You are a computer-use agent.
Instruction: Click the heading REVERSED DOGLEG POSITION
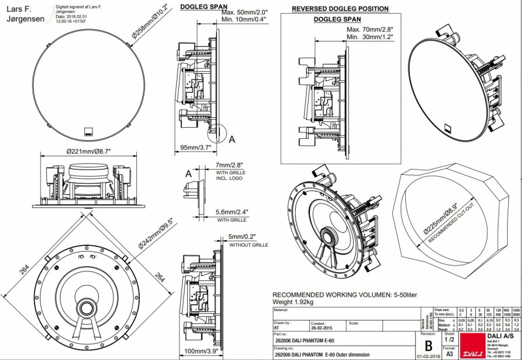point(340,8)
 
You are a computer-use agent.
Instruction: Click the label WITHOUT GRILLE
point(249,245)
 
